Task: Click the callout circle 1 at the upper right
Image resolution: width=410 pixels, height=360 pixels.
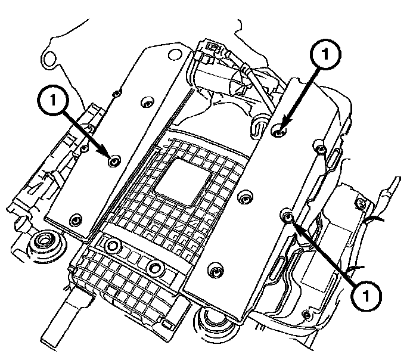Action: (x=325, y=54)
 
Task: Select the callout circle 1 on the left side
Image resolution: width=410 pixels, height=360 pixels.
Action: (x=53, y=100)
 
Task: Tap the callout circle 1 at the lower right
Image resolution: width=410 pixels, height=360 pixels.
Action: (x=366, y=296)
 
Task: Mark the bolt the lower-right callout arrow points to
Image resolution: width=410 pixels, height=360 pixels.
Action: (x=287, y=215)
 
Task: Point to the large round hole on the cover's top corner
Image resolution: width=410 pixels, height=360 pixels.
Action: (x=175, y=54)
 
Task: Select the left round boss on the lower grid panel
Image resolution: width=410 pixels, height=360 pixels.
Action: (x=113, y=246)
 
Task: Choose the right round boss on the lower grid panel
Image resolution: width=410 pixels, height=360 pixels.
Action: (x=156, y=268)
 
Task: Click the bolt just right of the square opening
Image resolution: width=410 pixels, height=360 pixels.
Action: (x=245, y=196)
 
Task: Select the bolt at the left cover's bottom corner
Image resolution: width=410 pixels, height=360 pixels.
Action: (x=75, y=219)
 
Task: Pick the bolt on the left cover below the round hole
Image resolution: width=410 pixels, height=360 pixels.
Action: (x=147, y=103)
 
